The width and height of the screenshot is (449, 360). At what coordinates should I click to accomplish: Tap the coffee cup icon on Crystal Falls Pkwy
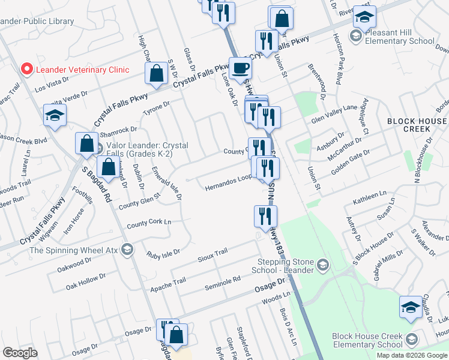[240, 68]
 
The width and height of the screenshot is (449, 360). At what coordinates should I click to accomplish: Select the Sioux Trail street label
[212, 255]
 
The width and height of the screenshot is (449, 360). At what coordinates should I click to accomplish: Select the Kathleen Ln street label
[370, 196]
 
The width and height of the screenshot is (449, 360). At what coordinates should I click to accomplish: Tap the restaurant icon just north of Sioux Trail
[265, 217]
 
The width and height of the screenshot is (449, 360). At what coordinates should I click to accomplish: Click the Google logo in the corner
[20, 353]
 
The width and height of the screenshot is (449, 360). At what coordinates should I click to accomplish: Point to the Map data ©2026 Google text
[412, 355]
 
